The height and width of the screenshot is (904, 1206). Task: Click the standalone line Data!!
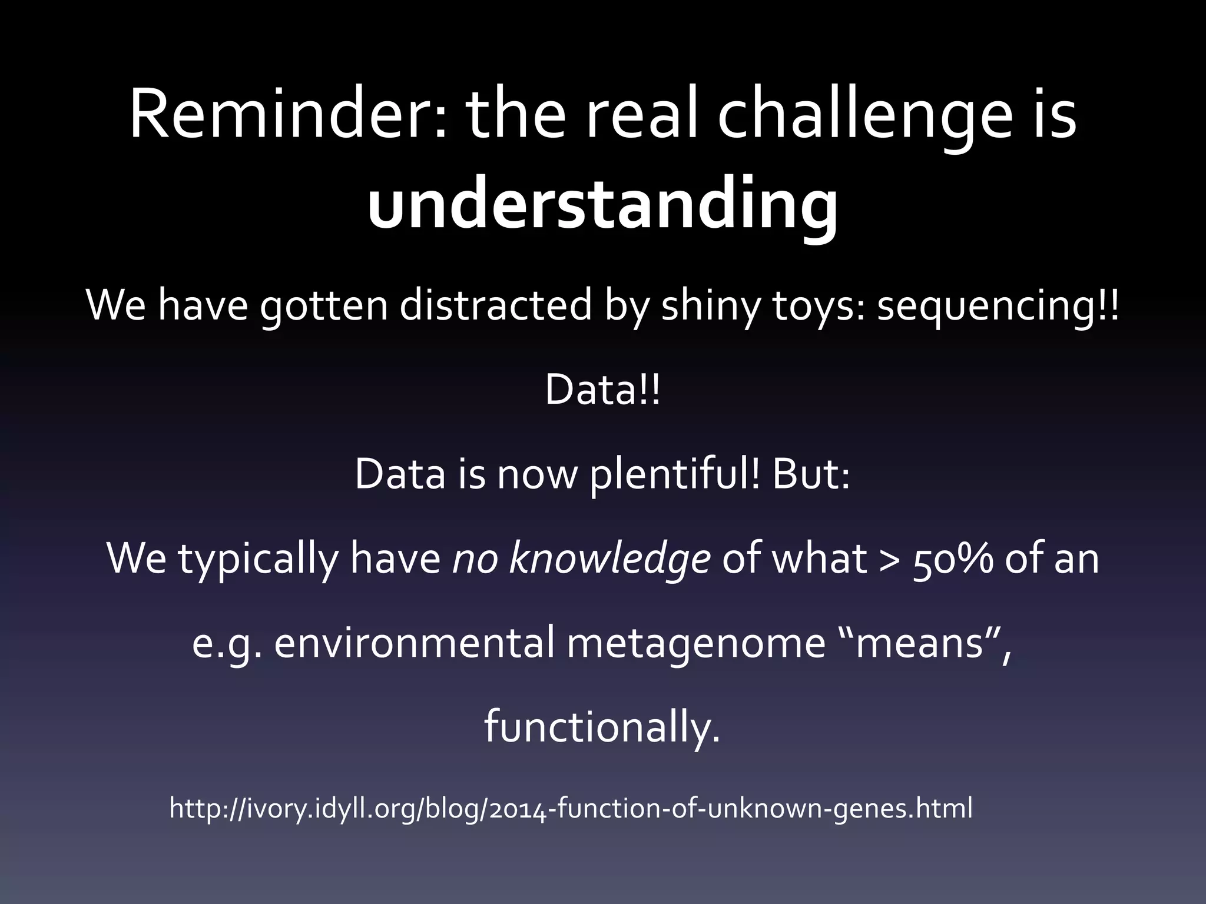point(602,390)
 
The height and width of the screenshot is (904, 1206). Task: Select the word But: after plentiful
point(811,474)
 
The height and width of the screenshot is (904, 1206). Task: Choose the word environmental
point(414,643)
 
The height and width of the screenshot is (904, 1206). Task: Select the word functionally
point(602,727)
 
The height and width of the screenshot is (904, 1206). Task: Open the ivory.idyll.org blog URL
point(570,808)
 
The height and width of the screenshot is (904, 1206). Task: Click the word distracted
point(495,305)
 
